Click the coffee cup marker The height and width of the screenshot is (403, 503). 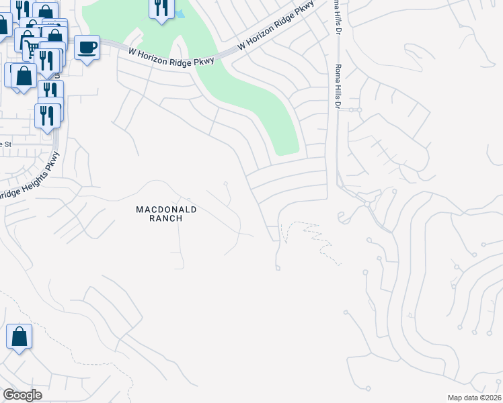[x=87, y=48]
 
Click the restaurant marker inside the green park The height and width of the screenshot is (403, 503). [x=161, y=9]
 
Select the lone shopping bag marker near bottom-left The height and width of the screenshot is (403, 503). [x=20, y=337]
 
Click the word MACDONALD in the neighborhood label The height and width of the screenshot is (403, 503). [x=166, y=210]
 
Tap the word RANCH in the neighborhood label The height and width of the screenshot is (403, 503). [x=166, y=219]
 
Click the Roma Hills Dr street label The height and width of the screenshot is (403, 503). [x=338, y=87]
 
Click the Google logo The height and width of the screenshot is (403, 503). [x=22, y=395]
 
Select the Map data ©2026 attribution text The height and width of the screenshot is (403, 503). [x=473, y=398]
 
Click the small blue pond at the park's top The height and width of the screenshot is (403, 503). [x=180, y=14]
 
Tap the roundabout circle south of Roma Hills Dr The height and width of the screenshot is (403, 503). [x=367, y=202]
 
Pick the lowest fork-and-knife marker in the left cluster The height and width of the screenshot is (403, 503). [x=46, y=116]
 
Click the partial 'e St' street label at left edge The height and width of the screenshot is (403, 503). [x=6, y=144]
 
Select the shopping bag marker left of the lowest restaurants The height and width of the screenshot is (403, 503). [x=24, y=75]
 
